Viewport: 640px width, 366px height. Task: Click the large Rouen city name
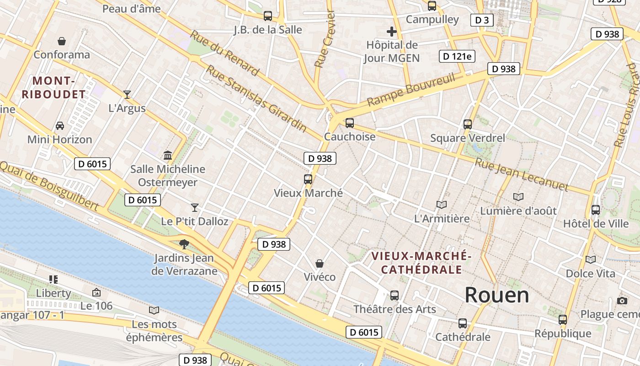click(497, 295)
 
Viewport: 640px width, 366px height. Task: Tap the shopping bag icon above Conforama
click(62, 41)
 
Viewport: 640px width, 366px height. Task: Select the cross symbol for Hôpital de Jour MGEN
click(391, 32)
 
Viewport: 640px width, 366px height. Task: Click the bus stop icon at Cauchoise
click(350, 123)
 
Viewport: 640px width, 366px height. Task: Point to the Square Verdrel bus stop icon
click(467, 124)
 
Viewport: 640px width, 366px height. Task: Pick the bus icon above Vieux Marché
click(308, 179)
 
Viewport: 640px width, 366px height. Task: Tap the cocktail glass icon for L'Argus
click(127, 95)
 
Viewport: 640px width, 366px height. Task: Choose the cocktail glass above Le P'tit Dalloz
click(195, 208)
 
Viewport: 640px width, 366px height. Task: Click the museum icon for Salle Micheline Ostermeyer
click(167, 155)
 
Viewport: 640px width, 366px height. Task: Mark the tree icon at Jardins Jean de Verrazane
click(184, 244)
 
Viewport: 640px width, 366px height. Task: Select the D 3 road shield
click(482, 20)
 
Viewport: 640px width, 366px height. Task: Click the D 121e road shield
click(457, 56)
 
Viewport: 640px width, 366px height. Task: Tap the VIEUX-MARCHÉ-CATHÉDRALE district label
click(421, 263)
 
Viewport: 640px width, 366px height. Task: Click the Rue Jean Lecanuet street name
click(521, 174)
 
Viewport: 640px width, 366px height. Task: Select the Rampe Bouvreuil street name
click(411, 90)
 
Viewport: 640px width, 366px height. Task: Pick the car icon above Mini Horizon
click(59, 125)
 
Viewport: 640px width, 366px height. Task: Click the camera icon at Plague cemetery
click(622, 301)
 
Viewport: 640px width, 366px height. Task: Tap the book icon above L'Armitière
click(441, 205)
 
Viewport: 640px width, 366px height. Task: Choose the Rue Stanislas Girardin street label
click(256, 98)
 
